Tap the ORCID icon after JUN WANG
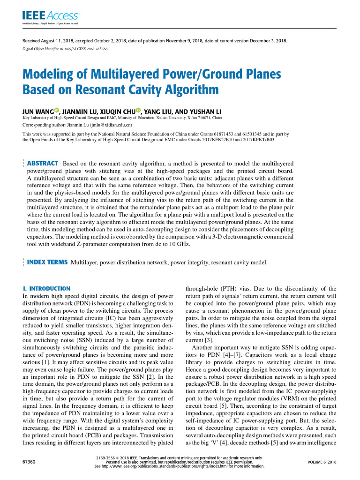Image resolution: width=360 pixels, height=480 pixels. pyautogui.click(x=57, y=110)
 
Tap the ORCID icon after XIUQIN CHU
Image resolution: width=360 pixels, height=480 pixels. pyautogui.click(x=139, y=110)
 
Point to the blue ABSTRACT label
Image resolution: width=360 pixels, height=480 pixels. pyautogui.click(x=43, y=163)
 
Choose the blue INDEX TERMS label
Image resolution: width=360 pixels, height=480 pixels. pyautogui.click(x=47, y=262)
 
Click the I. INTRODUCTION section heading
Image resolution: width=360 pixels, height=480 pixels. pyautogui.click(x=46, y=288)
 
